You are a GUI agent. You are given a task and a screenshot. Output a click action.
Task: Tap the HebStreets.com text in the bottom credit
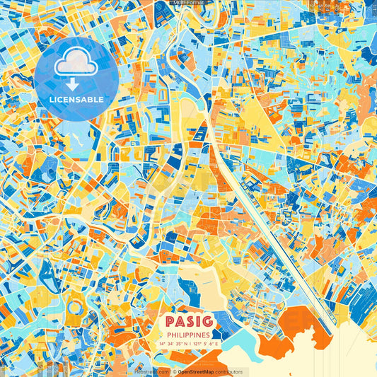pyautogui.click(x=150, y=371)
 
